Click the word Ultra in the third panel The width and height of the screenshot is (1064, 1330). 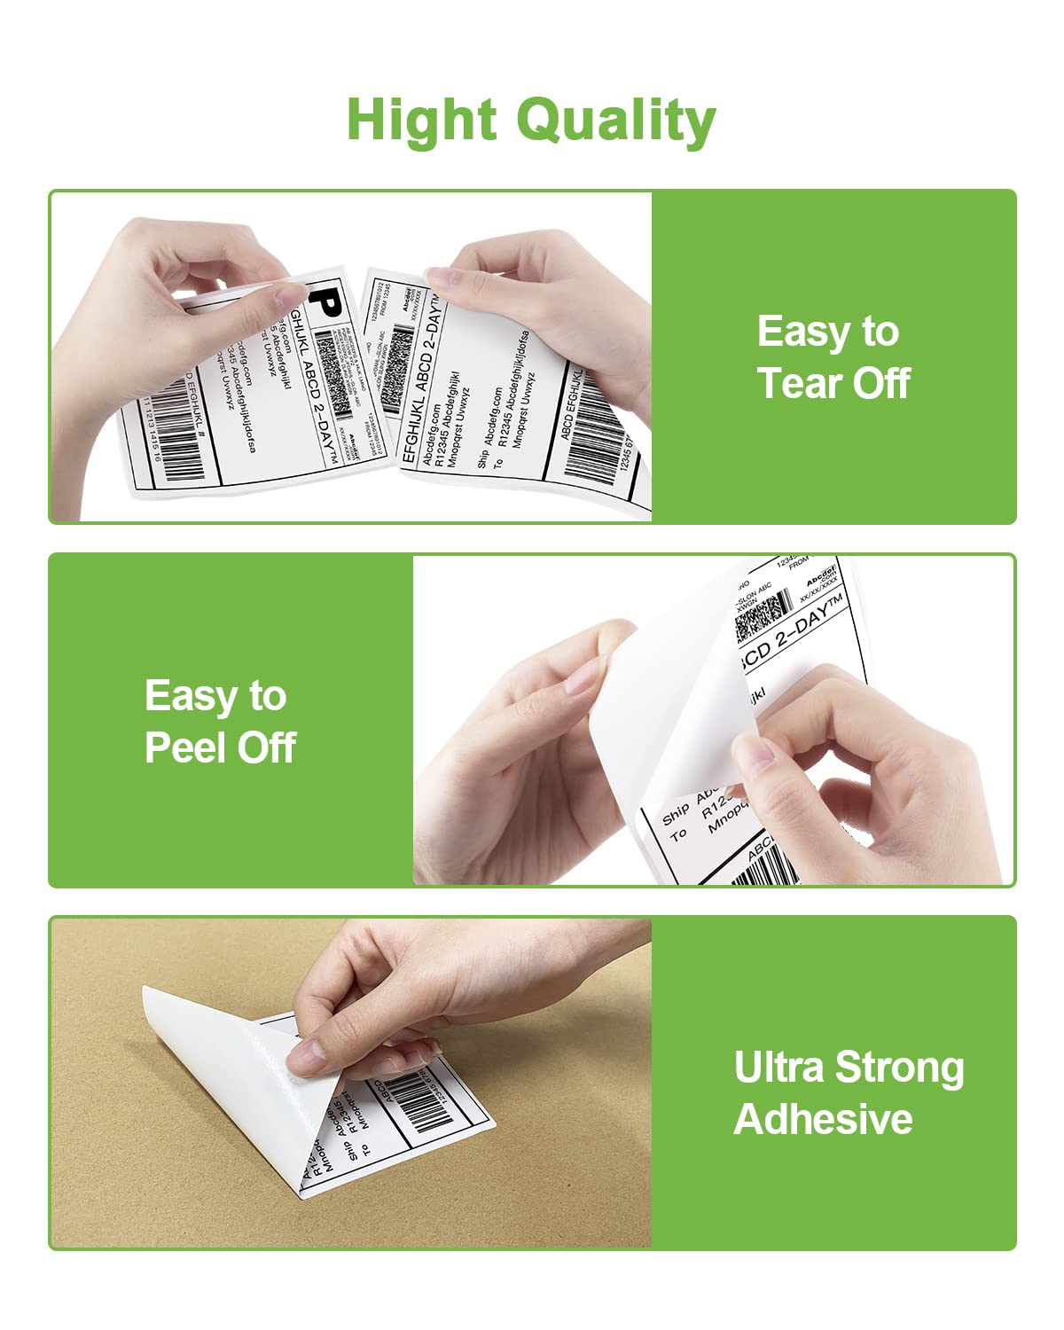click(x=778, y=1068)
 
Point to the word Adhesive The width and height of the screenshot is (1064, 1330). click(x=823, y=1119)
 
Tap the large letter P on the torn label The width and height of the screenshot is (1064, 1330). click(x=327, y=301)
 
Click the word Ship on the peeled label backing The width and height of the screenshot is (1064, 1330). click(x=676, y=814)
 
